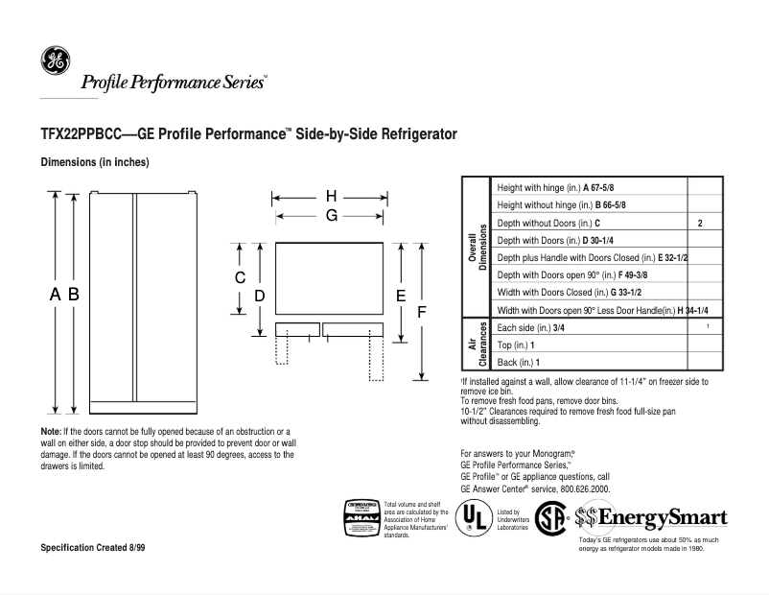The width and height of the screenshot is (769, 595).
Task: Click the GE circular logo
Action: click(54, 60)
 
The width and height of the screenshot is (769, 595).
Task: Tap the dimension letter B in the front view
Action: click(72, 297)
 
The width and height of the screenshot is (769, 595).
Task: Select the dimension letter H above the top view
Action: click(330, 198)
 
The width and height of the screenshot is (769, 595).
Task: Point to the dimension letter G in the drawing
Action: click(330, 216)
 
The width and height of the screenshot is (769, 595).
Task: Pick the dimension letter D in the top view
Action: click(259, 297)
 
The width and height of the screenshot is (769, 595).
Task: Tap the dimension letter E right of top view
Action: click(401, 297)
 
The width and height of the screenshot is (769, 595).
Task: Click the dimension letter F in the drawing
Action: click(420, 315)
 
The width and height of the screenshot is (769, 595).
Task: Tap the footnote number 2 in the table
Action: click(700, 223)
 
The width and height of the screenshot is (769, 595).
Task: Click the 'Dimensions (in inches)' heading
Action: click(94, 162)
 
